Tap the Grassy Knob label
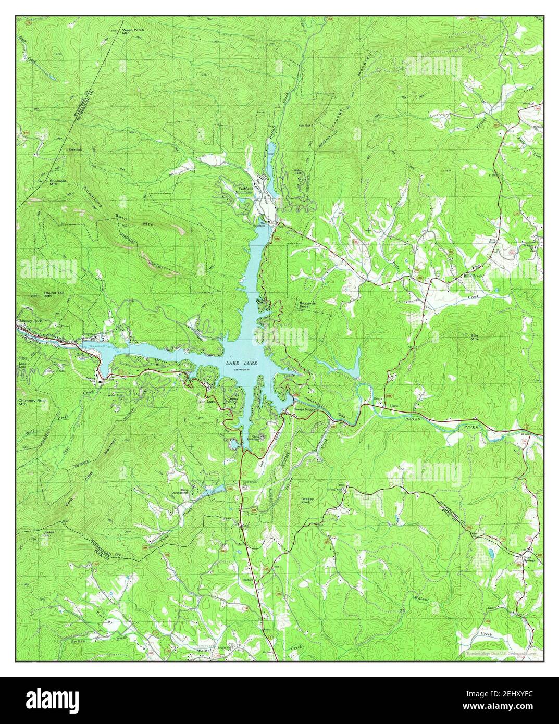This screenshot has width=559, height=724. (x=307, y=501)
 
